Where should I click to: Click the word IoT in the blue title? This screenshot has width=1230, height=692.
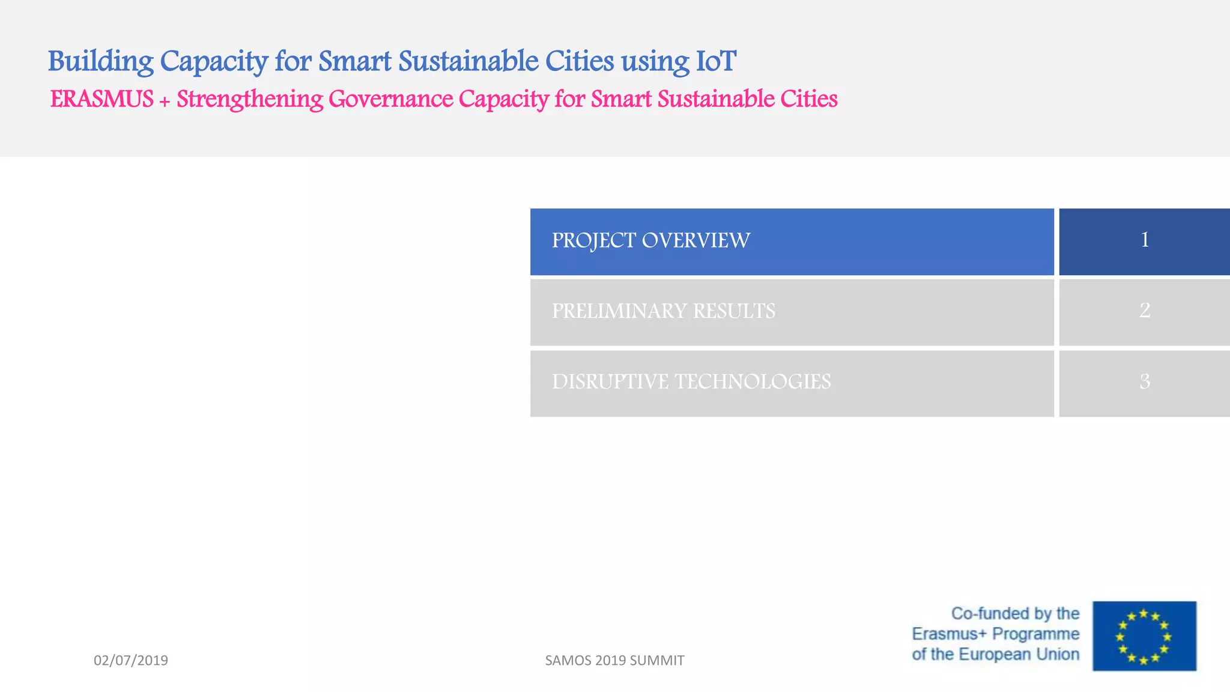click(x=715, y=61)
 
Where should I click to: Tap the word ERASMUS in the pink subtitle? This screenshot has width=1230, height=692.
click(x=101, y=99)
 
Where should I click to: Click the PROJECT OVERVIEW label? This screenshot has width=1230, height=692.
click(x=650, y=240)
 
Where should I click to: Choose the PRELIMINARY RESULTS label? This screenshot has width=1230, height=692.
click(x=663, y=311)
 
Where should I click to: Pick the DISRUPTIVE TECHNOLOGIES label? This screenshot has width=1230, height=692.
click(x=691, y=382)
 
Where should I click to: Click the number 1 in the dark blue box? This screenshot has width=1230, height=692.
click(x=1145, y=240)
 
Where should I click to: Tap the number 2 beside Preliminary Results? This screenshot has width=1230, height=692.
click(x=1145, y=311)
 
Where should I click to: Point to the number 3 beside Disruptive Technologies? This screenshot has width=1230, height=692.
click(x=1145, y=381)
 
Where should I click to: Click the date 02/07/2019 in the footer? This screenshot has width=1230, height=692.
click(x=131, y=660)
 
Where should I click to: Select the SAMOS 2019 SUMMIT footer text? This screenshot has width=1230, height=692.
click(x=614, y=660)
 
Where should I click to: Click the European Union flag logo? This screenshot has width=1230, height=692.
click(x=1144, y=636)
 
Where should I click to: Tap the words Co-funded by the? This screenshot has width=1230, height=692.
click(x=1015, y=613)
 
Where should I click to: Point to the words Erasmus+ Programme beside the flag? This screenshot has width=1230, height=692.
click(x=995, y=634)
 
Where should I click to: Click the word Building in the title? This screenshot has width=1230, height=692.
click(x=100, y=62)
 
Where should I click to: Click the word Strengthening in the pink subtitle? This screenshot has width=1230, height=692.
click(x=250, y=100)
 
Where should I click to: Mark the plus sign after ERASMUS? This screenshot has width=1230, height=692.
click(x=165, y=101)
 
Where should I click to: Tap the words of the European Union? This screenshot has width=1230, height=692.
click(x=995, y=654)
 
